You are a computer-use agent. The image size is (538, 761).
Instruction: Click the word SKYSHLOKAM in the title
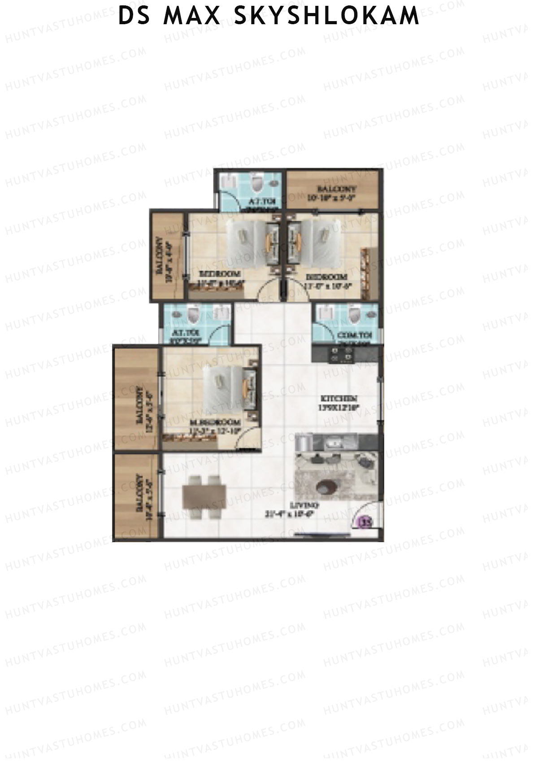[326, 16]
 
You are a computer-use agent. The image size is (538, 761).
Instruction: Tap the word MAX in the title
[192, 16]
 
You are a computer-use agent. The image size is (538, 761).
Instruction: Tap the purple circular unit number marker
[367, 522]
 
